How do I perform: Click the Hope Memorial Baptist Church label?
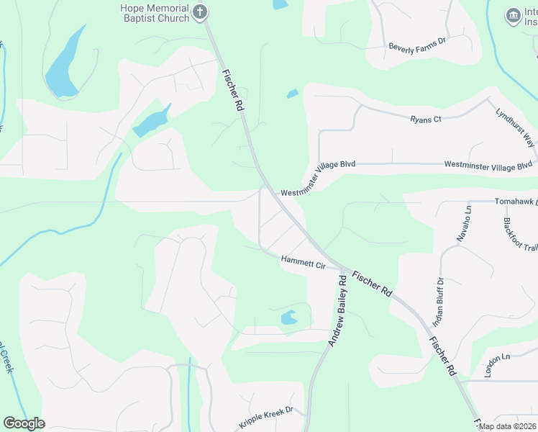[x=155, y=12]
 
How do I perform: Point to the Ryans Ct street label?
[x=426, y=119]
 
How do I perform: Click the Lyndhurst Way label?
[x=515, y=127]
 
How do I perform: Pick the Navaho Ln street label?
[x=462, y=223]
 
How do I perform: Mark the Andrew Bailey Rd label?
[x=338, y=310]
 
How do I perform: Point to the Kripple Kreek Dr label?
[x=267, y=418]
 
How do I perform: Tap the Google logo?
[x=24, y=423]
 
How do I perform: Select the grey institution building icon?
[x=513, y=16]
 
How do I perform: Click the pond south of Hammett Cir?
[x=288, y=317]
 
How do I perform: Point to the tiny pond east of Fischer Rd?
[x=292, y=94]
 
